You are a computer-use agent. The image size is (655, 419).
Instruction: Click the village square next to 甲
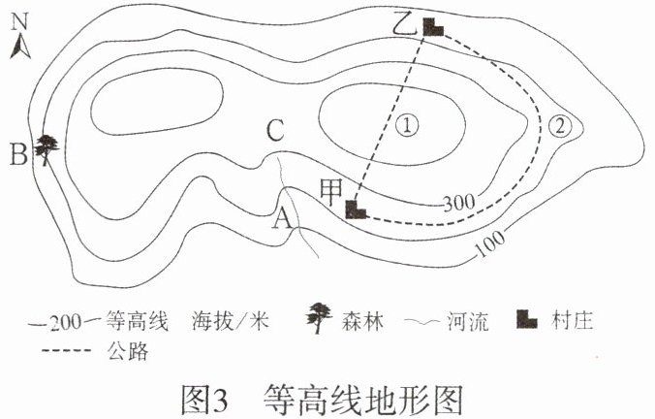358,209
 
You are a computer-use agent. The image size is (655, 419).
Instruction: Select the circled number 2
561,125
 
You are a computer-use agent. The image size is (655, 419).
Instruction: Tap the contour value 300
456,203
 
